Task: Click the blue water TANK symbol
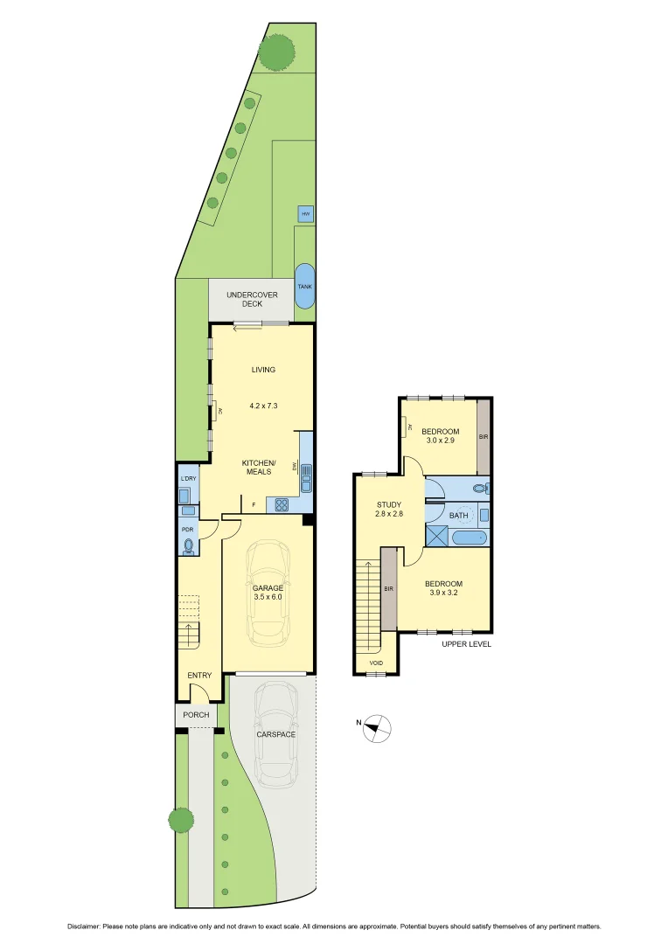304,285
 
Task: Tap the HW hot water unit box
305,214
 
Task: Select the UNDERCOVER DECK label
252,300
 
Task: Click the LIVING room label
263,370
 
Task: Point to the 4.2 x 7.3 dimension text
263,406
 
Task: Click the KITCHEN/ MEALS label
259,467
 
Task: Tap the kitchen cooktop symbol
282,503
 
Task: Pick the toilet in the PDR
189,546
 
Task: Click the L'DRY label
187,479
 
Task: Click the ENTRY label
199,675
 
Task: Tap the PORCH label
196,715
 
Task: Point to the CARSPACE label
275,734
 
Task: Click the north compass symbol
377,727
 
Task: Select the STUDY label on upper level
389,504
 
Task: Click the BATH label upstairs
459,516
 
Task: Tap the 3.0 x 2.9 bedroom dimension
440,441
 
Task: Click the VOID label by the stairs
376,663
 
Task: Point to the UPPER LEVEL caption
466,643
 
